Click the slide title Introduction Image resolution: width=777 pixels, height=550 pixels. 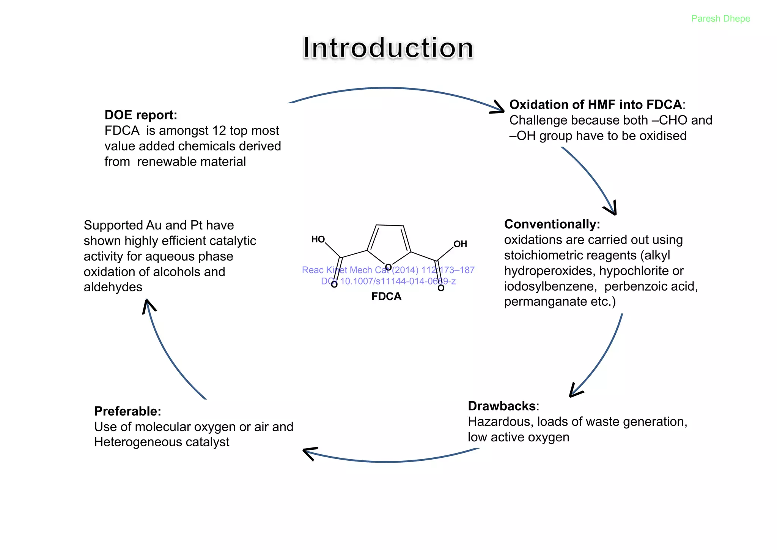point(388,48)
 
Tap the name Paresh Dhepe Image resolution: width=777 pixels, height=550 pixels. point(720,19)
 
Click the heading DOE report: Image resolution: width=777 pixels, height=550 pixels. point(141,115)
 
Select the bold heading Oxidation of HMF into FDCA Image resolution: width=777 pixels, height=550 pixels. point(595,104)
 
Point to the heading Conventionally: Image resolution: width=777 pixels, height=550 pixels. point(552,224)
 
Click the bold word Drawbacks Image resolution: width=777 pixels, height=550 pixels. point(502,406)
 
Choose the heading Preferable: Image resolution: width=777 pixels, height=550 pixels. point(127,411)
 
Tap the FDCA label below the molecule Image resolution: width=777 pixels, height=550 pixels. point(386,296)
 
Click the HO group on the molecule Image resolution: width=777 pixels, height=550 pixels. point(318,239)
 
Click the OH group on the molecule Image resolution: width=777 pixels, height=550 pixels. point(460,244)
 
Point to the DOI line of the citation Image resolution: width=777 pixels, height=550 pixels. point(388,281)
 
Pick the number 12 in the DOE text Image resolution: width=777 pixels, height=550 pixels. point(219,131)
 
